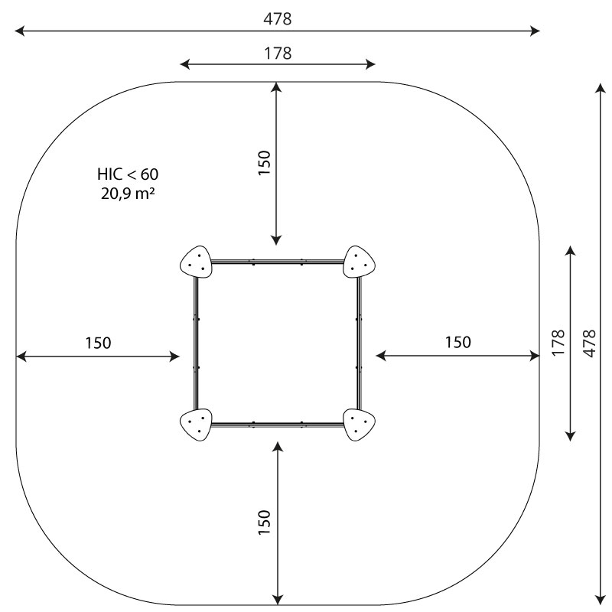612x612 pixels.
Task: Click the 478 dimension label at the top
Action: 277,18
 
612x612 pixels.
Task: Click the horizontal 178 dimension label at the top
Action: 278,54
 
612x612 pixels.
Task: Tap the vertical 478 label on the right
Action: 590,343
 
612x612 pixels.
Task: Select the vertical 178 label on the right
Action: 558,343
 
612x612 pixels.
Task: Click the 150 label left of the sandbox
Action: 99,343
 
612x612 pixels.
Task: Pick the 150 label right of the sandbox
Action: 457,342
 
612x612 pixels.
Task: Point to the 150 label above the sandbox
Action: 264,163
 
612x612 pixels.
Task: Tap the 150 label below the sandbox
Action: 264,522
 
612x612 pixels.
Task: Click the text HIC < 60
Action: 128,174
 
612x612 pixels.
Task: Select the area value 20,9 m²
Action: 128,194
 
